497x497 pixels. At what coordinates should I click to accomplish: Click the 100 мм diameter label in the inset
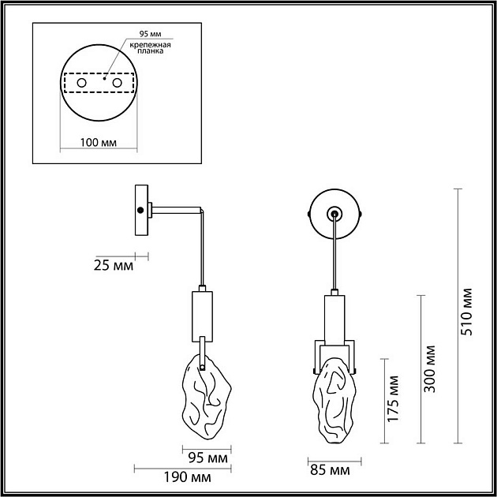98,142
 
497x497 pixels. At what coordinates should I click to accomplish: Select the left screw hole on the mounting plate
81,83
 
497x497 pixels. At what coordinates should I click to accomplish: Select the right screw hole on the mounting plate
118,83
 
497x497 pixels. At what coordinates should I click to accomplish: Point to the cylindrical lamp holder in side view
202,313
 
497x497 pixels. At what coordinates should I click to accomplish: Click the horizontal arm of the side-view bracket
175,210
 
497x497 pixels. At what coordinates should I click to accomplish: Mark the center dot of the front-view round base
335,213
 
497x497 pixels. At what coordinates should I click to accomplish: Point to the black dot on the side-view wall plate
140,210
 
